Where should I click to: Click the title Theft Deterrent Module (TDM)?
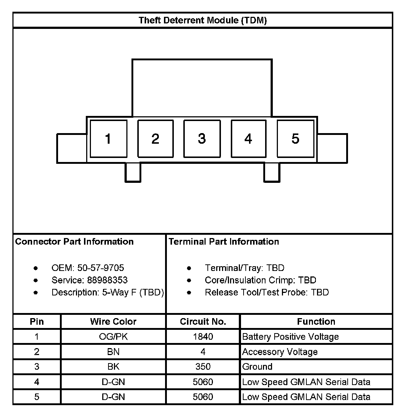tap(203, 20)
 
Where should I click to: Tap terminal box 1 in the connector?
tap(108, 139)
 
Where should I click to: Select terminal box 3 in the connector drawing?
tap(202, 139)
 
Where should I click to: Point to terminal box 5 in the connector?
tap(295, 139)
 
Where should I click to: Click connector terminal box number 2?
tap(156, 139)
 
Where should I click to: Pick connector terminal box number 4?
tap(249, 139)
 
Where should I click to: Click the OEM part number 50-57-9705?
tap(101, 268)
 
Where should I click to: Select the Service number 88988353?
tap(107, 280)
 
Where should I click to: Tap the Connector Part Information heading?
tap(74, 242)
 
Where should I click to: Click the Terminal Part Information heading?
tap(224, 242)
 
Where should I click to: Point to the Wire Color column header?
tap(113, 322)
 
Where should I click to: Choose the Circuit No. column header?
tap(203, 322)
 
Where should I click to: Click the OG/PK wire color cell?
tap(113, 337)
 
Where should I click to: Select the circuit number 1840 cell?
tap(203, 337)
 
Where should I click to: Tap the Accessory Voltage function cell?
tap(280, 352)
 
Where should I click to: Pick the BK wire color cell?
tap(113, 367)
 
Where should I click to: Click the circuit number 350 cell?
tap(203, 367)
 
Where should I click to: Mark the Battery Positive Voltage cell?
tap(290, 337)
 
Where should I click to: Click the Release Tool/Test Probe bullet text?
tap(267, 293)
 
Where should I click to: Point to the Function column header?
tap(316, 322)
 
